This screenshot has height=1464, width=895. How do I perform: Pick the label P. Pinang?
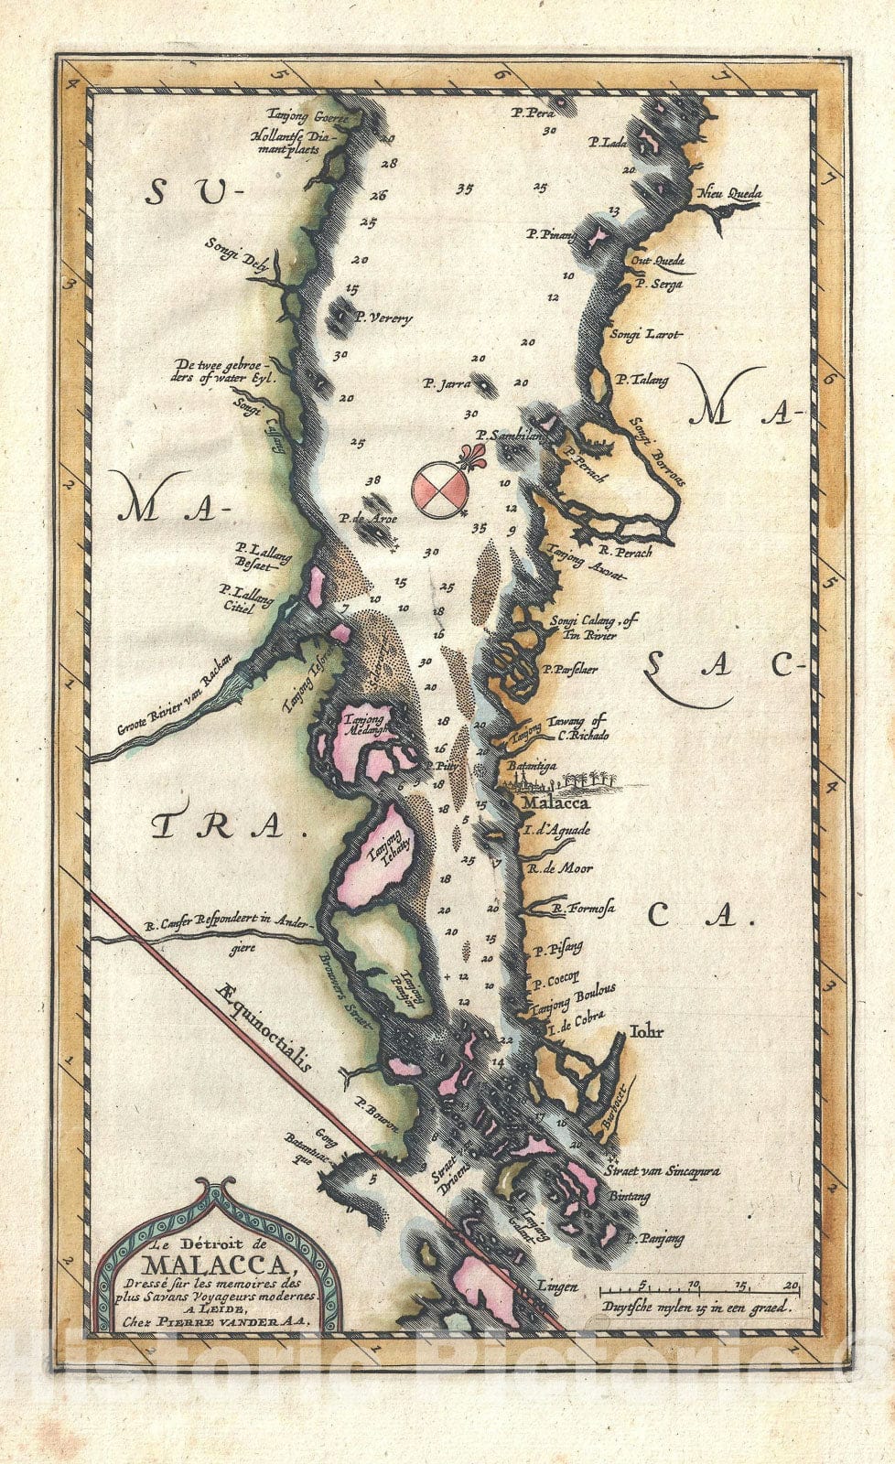(x=550, y=235)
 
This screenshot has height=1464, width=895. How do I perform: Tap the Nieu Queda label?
(x=730, y=194)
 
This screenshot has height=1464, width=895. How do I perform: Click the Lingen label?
(x=558, y=1287)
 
